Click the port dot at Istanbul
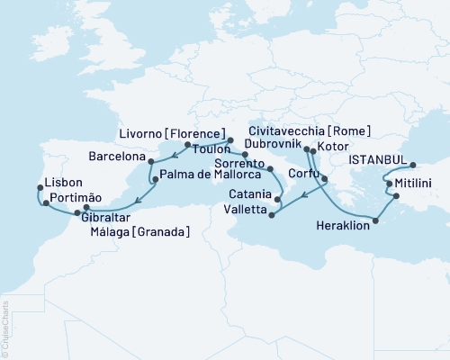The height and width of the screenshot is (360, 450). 413,165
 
